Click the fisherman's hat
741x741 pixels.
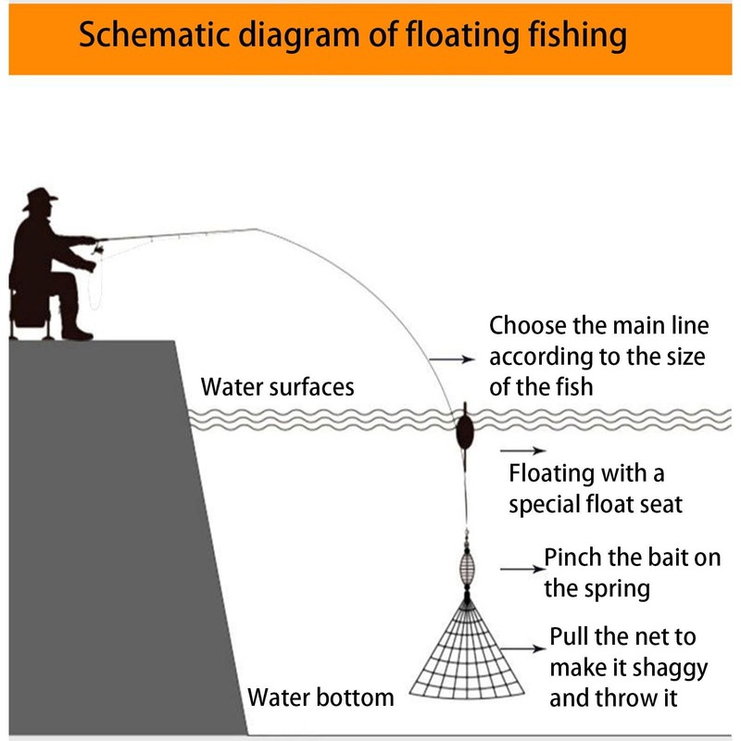(40, 197)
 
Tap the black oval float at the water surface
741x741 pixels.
(465, 431)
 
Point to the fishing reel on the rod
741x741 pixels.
(98, 248)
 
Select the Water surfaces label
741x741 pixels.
(277, 386)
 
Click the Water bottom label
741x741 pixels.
(320, 697)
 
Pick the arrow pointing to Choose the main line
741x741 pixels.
(452, 359)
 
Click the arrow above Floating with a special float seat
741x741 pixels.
(522, 450)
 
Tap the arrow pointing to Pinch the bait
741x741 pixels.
(522, 569)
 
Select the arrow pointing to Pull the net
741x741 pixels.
(522, 649)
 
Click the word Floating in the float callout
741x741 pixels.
(551, 474)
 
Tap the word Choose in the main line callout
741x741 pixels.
(528, 325)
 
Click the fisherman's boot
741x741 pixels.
(77, 333)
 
